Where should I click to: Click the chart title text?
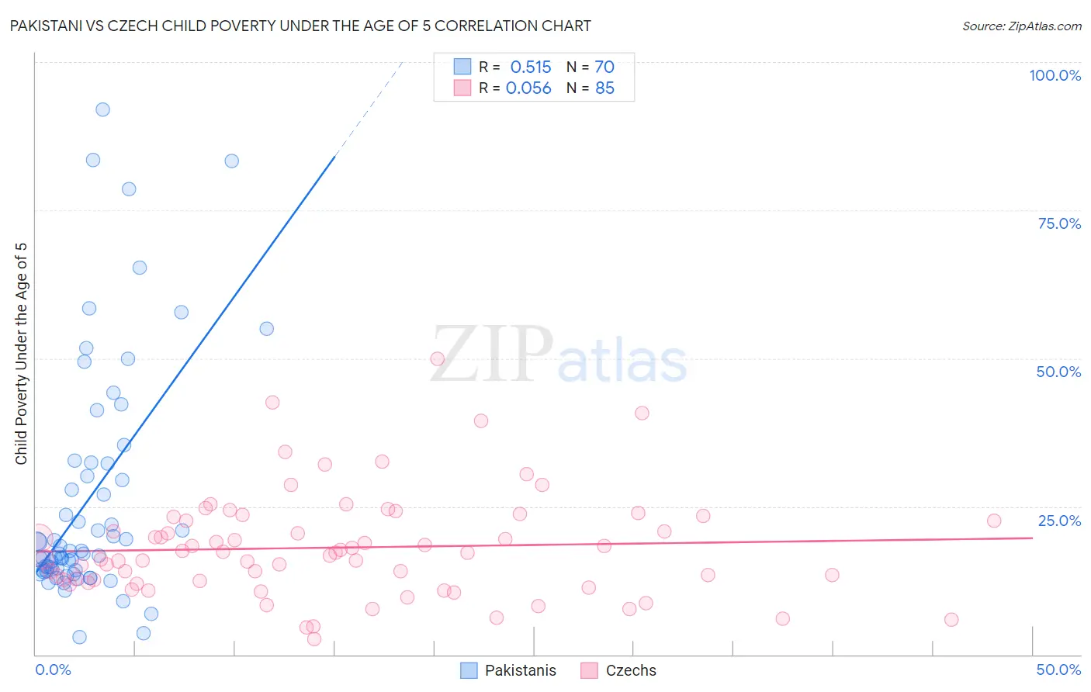click(300, 26)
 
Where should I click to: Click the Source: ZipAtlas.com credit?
click(1021, 26)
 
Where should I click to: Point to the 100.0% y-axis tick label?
click(1055, 75)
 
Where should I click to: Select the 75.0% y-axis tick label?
click(1059, 223)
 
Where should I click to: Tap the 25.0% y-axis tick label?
click(1059, 521)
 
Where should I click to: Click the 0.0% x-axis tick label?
click(53, 670)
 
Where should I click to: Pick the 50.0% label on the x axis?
click(1058, 670)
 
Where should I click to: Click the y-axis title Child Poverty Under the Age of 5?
click(21, 354)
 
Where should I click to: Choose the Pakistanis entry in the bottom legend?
click(520, 670)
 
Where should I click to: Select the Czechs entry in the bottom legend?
click(630, 670)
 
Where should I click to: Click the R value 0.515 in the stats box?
click(531, 67)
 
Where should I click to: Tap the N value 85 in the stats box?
click(604, 88)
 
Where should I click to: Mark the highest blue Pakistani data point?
click(102, 109)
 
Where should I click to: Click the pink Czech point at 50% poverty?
click(437, 358)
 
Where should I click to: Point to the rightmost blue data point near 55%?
click(266, 328)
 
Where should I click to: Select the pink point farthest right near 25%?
click(994, 521)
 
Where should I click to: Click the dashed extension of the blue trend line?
click(369, 109)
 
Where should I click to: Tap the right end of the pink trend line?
click(1031, 538)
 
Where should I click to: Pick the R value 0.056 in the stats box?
click(528, 88)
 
